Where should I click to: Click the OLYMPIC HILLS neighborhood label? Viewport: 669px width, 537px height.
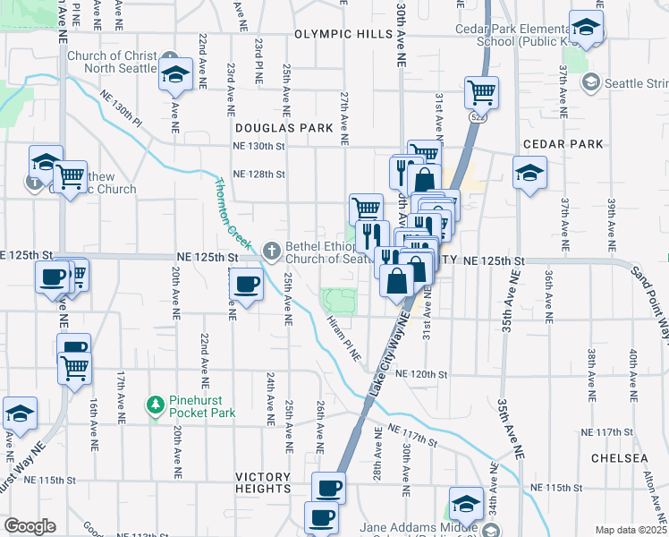343,34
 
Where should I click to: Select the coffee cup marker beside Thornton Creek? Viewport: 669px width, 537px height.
246,286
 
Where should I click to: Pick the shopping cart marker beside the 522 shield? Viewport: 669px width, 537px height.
481,91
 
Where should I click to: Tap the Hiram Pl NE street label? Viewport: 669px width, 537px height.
343,337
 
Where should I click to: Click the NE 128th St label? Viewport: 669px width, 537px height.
258,175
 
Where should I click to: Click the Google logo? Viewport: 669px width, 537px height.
29,526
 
